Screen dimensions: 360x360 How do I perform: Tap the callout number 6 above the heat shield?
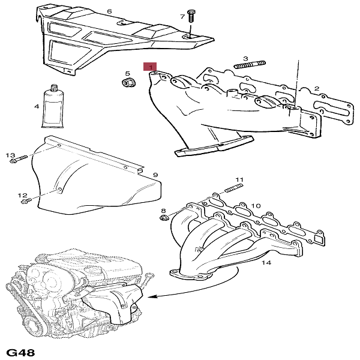coord(109,11)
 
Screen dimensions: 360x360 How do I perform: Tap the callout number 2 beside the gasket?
coord(316,89)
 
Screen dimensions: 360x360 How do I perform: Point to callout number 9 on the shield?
coord(155,175)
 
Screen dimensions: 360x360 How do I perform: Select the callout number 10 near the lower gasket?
coord(256,206)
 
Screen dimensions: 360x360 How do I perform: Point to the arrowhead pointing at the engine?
coord(148,296)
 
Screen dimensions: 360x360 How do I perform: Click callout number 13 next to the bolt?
coord(10,155)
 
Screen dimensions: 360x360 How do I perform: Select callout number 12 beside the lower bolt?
coord(22,195)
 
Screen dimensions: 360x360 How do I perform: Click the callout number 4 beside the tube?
coord(37,106)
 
